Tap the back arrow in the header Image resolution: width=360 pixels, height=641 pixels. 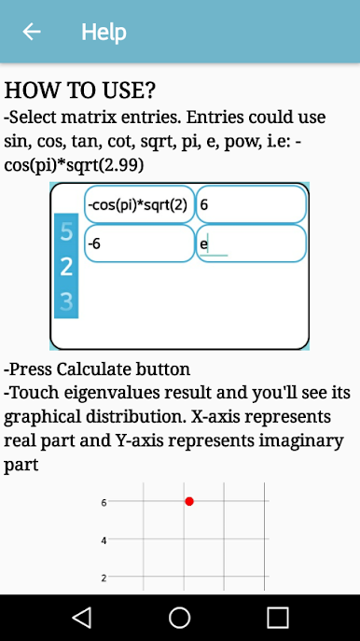click(x=32, y=32)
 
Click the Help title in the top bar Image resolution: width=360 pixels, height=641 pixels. click(x=104, y=33)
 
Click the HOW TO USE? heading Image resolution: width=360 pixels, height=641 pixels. click(x=80, y=90)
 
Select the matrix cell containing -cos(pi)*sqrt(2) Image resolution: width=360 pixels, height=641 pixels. click(x=139, y=204)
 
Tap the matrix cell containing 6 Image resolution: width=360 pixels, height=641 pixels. click(x=251, y=204)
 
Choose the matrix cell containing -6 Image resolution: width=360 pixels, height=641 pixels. click(x=139, y=244)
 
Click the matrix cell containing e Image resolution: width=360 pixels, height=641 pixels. click(x=251, y=244)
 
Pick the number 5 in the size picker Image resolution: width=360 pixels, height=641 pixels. click(x=66, y=231)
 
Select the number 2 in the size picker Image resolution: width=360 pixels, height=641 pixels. click(x=66, y=267)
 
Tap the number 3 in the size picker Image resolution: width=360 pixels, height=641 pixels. click(x=66, y=301)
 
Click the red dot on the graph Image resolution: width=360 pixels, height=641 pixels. click(x=188, y=501)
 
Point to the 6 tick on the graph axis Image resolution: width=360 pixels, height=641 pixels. click(x=104, y=502)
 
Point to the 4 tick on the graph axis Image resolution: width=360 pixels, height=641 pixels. click(x=104, y=540)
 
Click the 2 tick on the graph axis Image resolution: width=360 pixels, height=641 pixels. click(x=104, y=578)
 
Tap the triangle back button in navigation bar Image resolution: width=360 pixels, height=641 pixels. click(x=82, y=618)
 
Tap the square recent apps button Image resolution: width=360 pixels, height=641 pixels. click(x=278, y=618)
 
